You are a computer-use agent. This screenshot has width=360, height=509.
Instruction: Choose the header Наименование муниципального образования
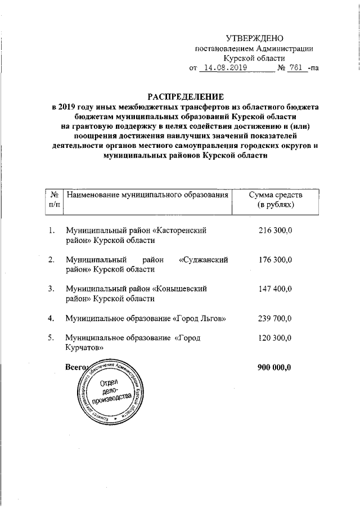coord(148,195)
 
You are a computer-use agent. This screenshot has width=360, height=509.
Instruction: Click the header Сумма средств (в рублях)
coord(275,200)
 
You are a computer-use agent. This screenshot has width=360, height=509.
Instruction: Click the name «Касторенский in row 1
coord(181,231)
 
